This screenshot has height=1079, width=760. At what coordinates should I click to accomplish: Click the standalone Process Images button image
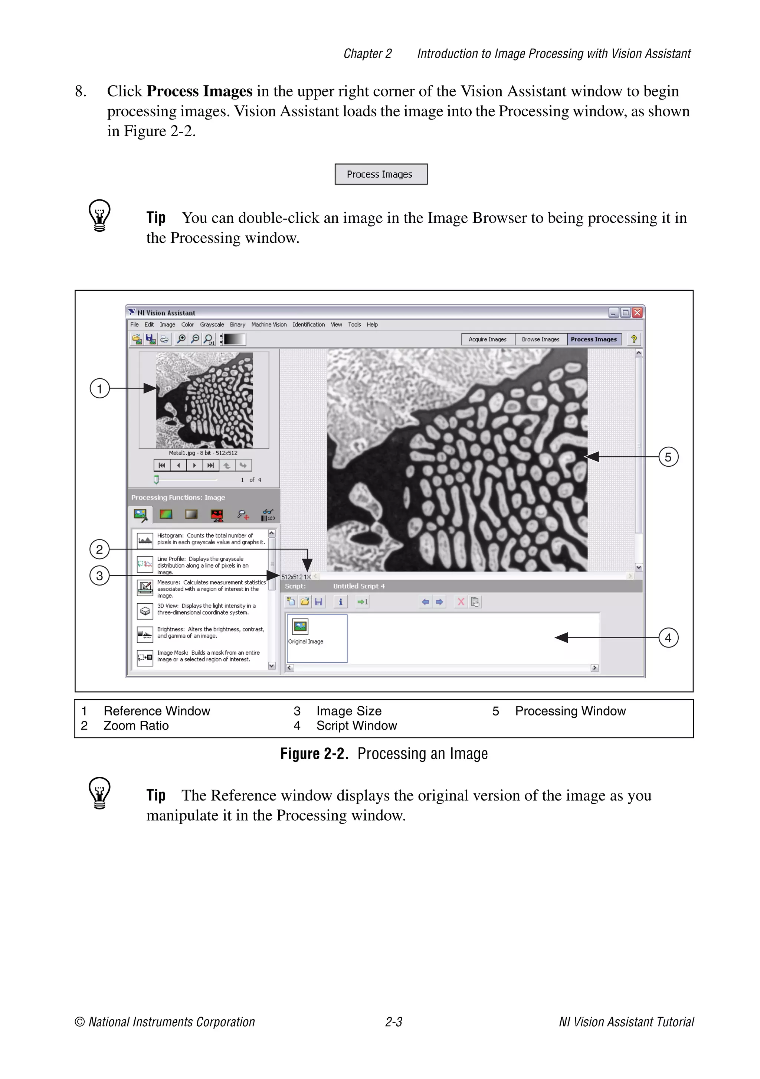tap(380, 175)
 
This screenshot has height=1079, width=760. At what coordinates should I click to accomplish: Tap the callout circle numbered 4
tap(668, 638)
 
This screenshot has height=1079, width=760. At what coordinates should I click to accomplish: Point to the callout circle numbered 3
tap(99, 576)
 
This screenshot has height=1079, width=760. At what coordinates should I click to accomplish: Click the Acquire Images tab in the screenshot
tap(488, 339)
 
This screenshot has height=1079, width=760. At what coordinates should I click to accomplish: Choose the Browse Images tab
tap(540, 339)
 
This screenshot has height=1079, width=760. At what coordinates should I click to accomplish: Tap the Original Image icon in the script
tap(300, 627)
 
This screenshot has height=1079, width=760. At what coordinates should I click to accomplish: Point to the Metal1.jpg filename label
tap(203, 453)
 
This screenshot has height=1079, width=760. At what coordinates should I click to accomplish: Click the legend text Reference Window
tap(157, 711)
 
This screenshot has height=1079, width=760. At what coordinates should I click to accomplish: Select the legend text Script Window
tap(357, 726)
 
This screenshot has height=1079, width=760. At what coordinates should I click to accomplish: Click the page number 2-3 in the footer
tap(394, 1022)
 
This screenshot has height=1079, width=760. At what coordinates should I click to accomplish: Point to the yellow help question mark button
tap(634, 339)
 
